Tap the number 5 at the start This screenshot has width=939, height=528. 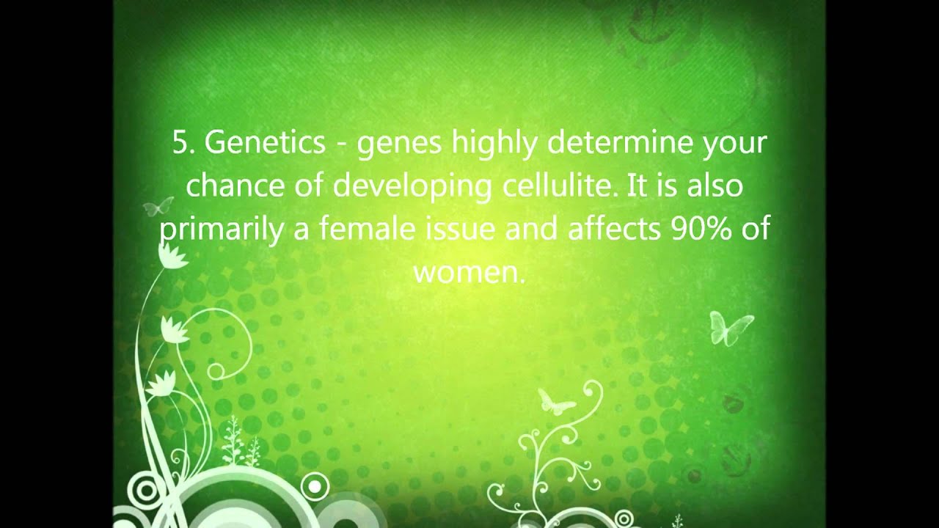[180, 143]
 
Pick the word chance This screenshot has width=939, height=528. [235, 186]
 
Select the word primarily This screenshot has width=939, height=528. [221, 230]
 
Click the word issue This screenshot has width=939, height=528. [461, 230]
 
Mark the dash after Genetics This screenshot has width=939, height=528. [341, 145]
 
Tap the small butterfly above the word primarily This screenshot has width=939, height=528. [159, 206]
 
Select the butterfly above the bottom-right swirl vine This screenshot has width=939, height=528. [555, 401]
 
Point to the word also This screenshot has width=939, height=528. [715, 186]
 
